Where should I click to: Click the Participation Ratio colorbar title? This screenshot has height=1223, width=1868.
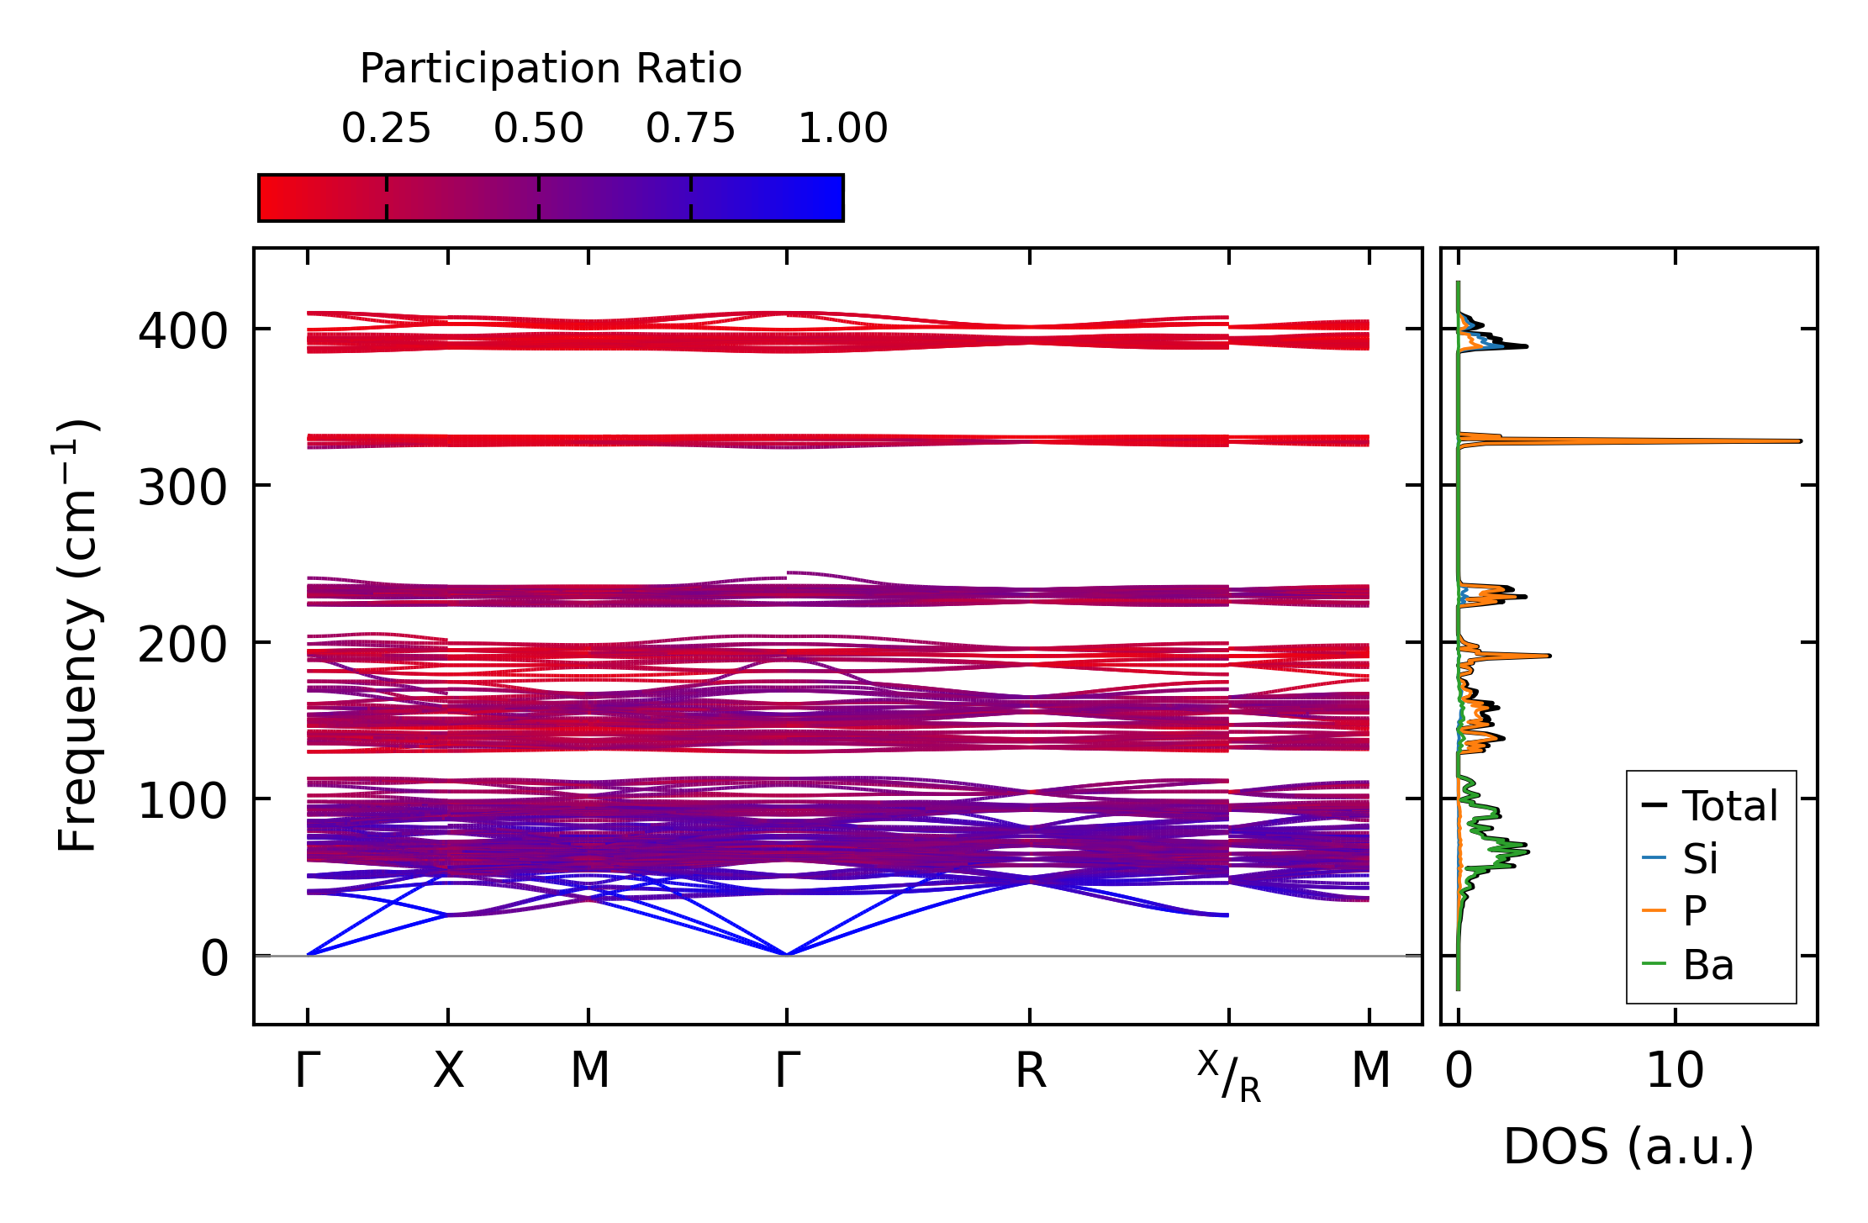pyautogui.click(x=551, y=69)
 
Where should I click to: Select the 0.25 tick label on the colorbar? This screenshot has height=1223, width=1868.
pyautogui.click(x=386, y=129)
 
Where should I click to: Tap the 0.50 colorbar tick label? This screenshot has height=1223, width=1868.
pyautogui.click(x=538, y=129)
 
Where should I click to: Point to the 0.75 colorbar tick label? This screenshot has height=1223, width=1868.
pyautogui.click(x=690, y=129)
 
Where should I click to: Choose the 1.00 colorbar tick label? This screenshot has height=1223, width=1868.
pyautogui.click(x=842, y=129)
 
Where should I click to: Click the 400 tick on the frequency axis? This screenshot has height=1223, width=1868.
pyautogui.click(x=182, y=331)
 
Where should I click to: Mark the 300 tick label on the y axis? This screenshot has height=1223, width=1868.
pyautogui.click(x=182, y=488)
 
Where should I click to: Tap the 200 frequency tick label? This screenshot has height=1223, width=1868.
pyautogui.click(x=182, y=645)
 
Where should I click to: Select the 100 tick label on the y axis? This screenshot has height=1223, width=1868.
pyautogui.click(x=182, y=801)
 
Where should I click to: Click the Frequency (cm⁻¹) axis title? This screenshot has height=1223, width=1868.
pyautogui.click(x=77, y=635)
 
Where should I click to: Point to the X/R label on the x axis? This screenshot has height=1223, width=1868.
pyautogui.click(x=1229, y=1076)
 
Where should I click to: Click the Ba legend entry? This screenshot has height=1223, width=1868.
pyautogui.click(x=1707, y=965)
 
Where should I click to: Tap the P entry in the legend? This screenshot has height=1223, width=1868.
pyautogui.click(x=1694, y=911)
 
